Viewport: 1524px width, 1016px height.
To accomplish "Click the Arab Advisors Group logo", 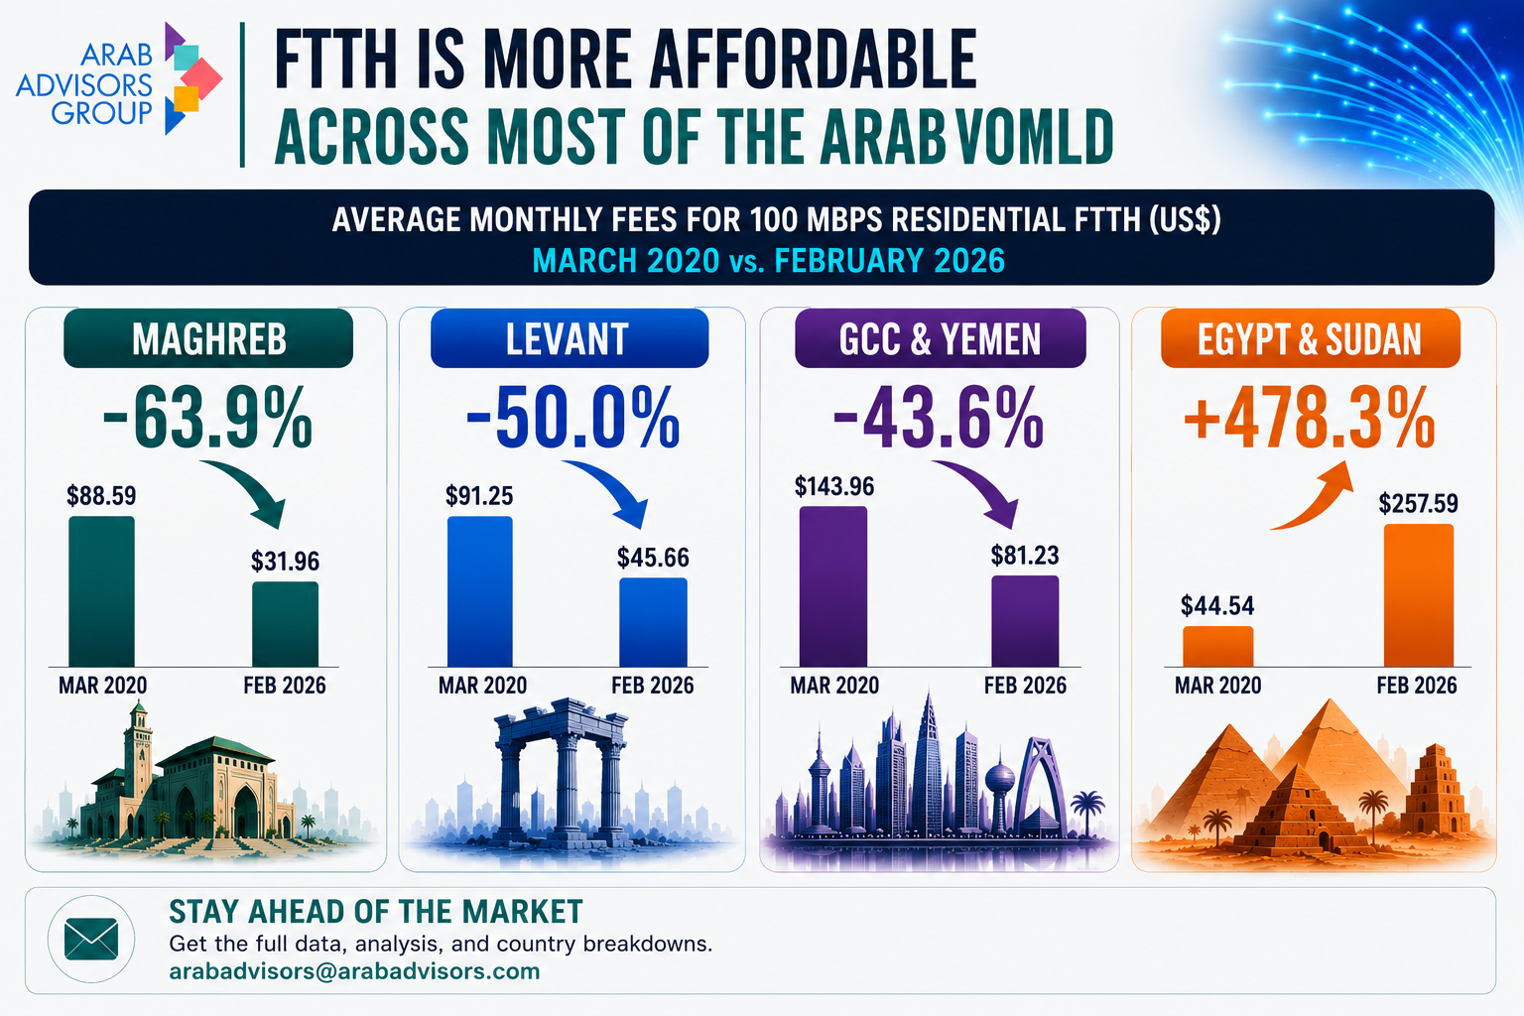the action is [x=119, y=79].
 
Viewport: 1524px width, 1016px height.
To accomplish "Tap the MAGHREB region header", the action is [x=208, y=338].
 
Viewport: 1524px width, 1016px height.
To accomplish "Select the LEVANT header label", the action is [x=570, y=338].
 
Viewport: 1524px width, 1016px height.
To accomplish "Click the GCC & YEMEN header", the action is [x=941, y=338].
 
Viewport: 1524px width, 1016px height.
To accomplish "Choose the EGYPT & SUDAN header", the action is [x=1311, y=338].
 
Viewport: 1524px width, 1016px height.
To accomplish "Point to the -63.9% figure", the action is [x=207, y=417].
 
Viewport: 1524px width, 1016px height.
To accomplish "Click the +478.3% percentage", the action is [x=1310, y=417].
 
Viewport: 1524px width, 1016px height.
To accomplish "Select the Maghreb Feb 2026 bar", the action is [x=285, y=624].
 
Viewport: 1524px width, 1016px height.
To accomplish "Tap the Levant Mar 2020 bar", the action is [x=479, y=591].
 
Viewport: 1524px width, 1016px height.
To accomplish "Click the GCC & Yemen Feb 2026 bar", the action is [x=1025, y=621].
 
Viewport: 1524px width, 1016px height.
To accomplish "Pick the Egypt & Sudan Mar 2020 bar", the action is [x=1217, y=647].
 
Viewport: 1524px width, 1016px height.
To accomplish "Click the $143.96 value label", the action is [x=834, y=486].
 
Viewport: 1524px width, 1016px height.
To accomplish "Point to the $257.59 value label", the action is [x=1418, y=504].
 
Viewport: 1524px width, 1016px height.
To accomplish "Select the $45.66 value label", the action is [x=653, y=558].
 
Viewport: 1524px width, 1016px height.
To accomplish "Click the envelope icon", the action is [x=91, y=939].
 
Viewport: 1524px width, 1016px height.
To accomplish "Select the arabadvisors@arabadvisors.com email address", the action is [x=354, y=971].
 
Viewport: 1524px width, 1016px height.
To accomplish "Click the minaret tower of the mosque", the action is [x=138, y=752].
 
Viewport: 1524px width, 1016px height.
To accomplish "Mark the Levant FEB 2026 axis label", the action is [x=653, y=686].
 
